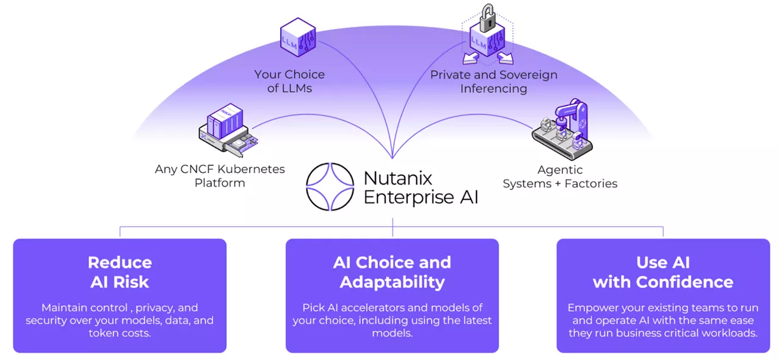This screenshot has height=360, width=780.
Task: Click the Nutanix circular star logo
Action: [x=330, y=186]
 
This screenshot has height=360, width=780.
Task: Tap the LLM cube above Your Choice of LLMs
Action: [x=297, y=38]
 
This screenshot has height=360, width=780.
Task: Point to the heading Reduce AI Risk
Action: [x=119, y=272]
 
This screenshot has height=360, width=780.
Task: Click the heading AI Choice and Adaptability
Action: [x=392, y=272]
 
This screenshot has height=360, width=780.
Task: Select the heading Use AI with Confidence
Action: [x=663, y=272]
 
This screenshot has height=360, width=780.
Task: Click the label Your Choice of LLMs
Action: [x=289, y=81]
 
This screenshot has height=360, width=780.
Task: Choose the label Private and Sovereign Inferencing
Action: [x=494, y=82]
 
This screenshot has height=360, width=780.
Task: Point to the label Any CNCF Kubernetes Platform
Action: [x=219, y=175]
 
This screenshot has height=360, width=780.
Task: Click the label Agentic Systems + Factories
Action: [x=559, y=176]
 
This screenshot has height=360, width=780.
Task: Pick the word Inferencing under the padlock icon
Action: [x=494, y=89]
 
